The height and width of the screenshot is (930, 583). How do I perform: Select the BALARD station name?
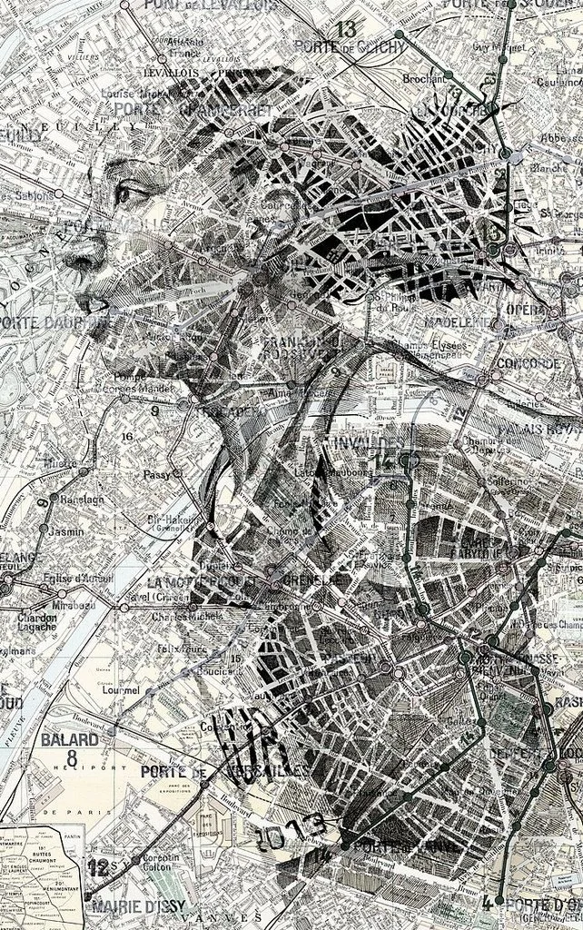pyautogui.click(x=70, y=738)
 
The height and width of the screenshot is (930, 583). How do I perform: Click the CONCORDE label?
pyautogui.click(x=529, y=363)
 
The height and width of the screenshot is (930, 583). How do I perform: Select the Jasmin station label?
pyautogui.click(x=67, y=531)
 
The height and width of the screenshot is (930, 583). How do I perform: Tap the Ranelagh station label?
pyautogui.click(x=83, y=499)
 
